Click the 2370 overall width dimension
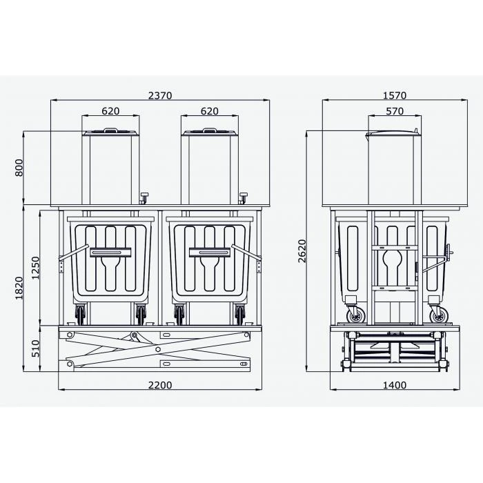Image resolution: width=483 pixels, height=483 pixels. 160,95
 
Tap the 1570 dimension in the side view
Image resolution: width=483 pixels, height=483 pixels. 395,95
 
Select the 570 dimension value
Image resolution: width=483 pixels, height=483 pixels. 395,111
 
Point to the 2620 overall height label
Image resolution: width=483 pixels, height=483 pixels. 302,250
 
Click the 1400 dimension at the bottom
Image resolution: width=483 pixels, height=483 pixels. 395,385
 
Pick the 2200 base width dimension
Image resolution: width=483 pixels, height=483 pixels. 160,385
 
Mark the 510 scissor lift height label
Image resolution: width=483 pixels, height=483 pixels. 36,348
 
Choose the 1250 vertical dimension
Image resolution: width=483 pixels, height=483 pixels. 36,268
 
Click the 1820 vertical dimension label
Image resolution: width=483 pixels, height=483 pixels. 19,288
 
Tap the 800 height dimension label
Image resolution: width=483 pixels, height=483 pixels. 19,168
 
